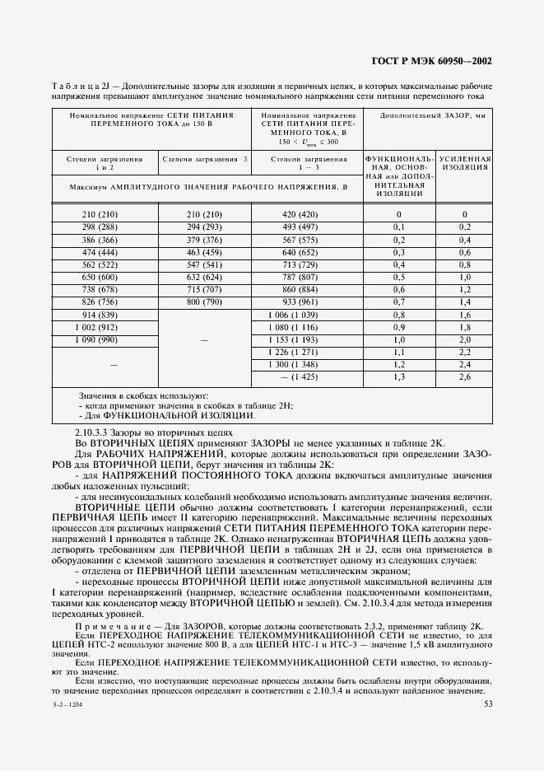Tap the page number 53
coord(489,703)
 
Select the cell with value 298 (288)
coord(100,226)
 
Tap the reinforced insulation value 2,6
coord(464,377)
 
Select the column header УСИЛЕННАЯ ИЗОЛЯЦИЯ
coord(464,161)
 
